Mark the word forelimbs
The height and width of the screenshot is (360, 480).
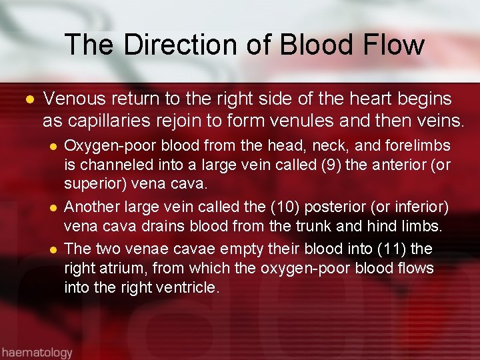click(421, 145)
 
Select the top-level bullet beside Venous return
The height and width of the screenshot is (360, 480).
click(28, 100)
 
